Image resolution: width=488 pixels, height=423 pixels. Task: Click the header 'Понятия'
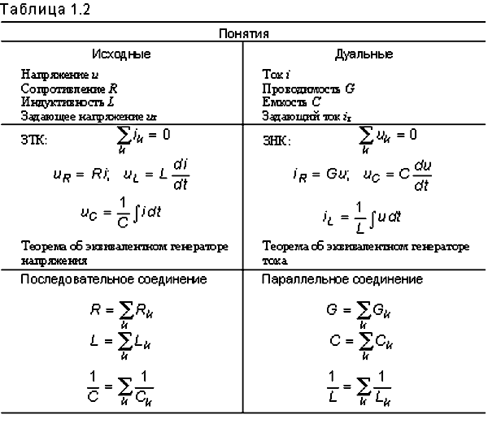pyautogui.click(x=243, y=35)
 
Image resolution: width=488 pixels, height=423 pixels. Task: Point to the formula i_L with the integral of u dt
pyautogui.click(x=360, y=217)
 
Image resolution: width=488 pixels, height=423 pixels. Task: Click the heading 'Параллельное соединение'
pyautogui.click(x=342, y=279)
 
